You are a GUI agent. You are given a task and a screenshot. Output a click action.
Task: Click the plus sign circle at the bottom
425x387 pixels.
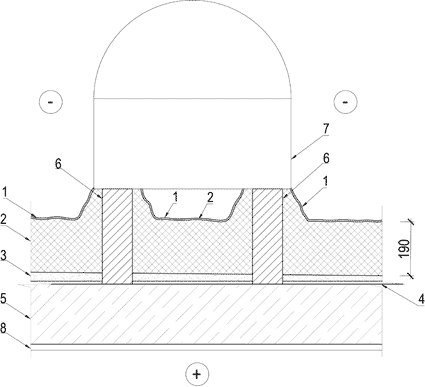pos(197,374)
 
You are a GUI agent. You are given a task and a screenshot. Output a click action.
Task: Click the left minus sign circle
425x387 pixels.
pos(51,101)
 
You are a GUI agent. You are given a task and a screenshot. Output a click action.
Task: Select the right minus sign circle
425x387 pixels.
pos(345,101)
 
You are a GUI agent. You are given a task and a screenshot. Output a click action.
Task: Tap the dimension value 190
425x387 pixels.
pos(404,248)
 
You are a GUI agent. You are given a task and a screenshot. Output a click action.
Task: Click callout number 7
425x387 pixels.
pos(326,129)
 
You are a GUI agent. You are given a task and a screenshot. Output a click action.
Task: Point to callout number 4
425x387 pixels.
pos(421,299)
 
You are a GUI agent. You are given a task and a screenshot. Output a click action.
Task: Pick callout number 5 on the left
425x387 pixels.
pos(3,299)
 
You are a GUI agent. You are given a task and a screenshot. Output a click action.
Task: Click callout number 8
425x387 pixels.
pos(3,328)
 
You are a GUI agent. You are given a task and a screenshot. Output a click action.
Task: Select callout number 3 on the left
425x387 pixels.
pos(3,257)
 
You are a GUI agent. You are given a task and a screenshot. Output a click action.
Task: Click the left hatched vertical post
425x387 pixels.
pos(117,236)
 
